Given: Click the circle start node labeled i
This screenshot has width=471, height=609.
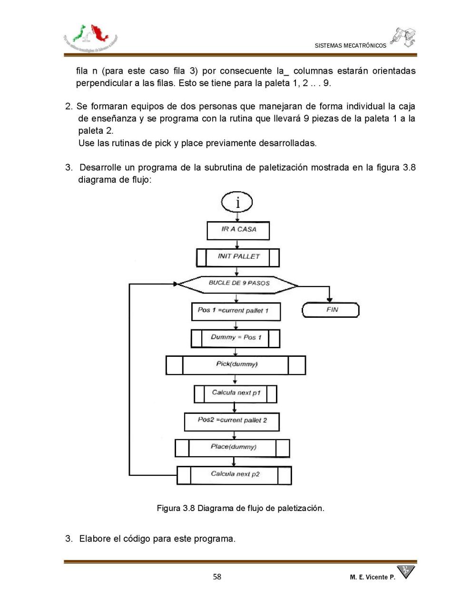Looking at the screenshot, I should pyautogui.click(x=237, y=203).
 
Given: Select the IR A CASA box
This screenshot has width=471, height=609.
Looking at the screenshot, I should pyautogui.click(x=238, y=230).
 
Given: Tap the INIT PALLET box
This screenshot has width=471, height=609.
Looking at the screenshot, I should pyautogui.click(x=238, y=257).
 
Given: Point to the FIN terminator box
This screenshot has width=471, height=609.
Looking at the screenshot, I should pyautogui.click(x=331, y=310).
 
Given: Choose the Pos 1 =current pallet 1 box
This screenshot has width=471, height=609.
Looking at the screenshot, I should pyautogui.click(x=236, y=311).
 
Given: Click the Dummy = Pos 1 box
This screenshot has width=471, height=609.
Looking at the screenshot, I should pyautogui.click(x=235, y=338).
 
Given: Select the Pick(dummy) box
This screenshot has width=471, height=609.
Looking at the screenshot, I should pyautogui.click(x=236, y=365).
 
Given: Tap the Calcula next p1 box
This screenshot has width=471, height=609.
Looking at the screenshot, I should pyautogui.click(x=235, y=393).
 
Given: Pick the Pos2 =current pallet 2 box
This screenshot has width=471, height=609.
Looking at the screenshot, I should pyautogui.click(x=232, y=421).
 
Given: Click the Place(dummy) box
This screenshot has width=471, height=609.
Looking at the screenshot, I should pyautogui.click(x=233, y=448).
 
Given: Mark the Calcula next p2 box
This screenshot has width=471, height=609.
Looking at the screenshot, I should pyautogui.click(x=235, y=475).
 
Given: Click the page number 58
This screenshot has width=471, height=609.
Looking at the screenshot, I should pyautogui.click(x=217, y=577).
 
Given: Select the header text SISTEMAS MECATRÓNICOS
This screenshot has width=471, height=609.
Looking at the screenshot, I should pyautogui.click(x=350, y=46).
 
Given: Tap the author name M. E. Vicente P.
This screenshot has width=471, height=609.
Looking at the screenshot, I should pyautogui.click(x=372, y=577).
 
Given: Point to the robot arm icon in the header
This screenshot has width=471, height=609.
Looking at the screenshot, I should pyautogui.click(x=403, y=37).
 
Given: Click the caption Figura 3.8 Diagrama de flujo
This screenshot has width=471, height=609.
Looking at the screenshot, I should pyautogui.click(x=240, y=508).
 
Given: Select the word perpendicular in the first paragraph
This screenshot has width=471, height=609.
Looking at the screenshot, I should pyautogui.click(x=101, y=83).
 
